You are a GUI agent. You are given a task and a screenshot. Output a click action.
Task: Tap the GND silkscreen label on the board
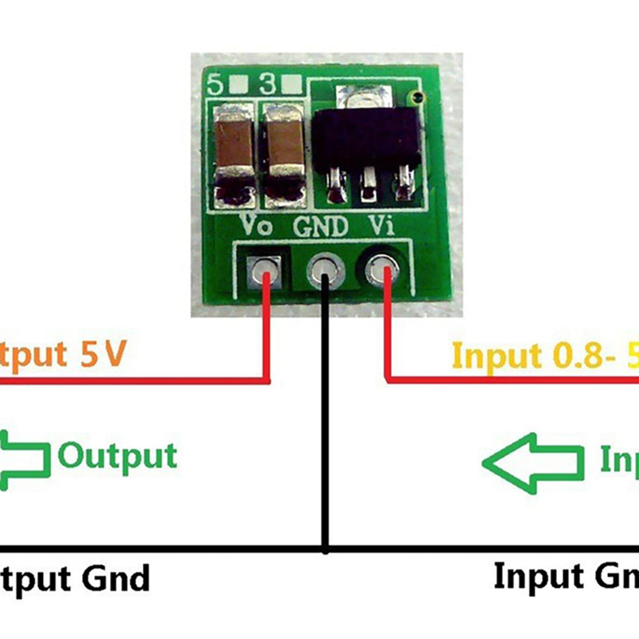point(320,226)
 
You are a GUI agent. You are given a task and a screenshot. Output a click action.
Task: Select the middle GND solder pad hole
point(325,270)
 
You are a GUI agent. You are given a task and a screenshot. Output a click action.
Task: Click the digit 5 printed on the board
point(216,84)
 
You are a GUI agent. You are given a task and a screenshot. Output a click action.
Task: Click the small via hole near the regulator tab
point(417,96)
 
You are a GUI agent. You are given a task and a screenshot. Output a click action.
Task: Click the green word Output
point(117,456)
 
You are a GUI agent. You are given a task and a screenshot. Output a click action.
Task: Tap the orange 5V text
point(103,354)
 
